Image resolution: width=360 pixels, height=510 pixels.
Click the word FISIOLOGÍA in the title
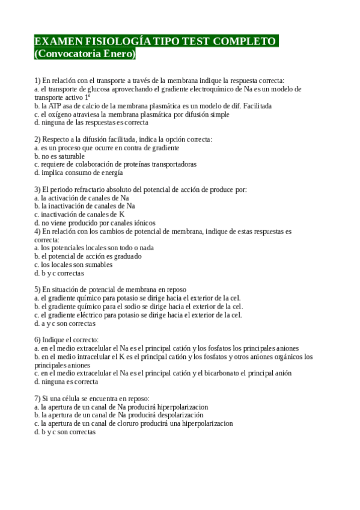point(109,41)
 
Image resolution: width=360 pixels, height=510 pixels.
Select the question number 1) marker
point(37,80)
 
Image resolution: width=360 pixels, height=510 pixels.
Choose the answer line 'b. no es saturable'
point(59,156)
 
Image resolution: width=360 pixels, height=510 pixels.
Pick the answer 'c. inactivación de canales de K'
point(79,215)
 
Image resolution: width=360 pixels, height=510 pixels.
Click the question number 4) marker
point(37,231)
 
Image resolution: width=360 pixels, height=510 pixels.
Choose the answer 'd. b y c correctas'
point(59,273)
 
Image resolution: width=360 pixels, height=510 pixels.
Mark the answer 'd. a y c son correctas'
point(65,323)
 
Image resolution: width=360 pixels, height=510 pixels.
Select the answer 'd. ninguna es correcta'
point(66,381)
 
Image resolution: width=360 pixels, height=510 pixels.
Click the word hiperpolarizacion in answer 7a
point(178,407)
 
